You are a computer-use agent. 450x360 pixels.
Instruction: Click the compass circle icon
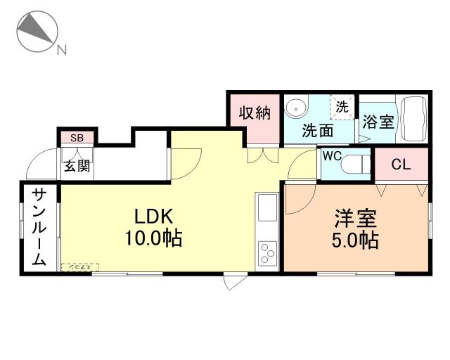35,32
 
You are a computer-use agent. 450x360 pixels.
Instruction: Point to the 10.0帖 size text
153,238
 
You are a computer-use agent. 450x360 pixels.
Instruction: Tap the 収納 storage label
254,112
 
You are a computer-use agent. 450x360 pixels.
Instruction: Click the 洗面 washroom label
317,130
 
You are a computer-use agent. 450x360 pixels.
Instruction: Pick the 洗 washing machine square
342,108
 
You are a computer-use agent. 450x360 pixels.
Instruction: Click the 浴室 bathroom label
378,121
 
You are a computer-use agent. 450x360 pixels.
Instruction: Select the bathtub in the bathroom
412,116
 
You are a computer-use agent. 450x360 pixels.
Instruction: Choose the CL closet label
401,165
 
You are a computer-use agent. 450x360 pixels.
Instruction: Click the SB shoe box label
77,138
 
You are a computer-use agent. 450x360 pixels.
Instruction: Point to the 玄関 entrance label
77,166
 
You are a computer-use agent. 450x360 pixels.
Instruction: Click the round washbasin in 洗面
298,108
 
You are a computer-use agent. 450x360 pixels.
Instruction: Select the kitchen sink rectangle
267,209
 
